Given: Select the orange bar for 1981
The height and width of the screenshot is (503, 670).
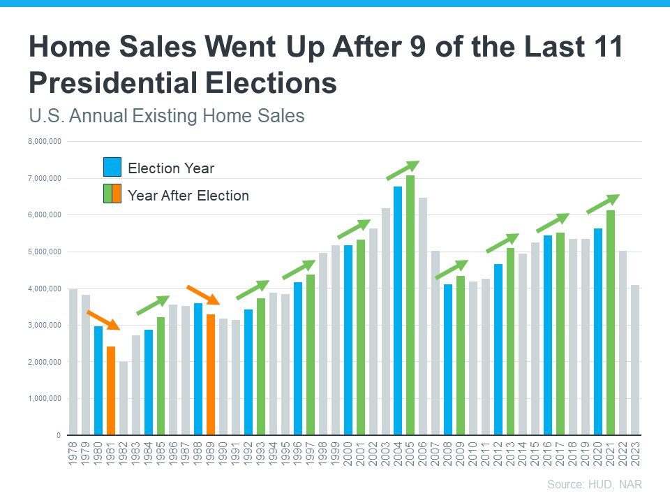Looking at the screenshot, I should (x=111, y=391).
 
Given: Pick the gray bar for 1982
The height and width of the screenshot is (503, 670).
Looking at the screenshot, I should (x=124, y=398).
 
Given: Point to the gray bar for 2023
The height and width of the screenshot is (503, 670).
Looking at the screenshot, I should (x=635, y=360).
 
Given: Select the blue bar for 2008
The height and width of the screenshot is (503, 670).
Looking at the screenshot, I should (x=448, y=360).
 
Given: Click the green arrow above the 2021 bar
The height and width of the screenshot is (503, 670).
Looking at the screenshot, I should (x=603, y=204).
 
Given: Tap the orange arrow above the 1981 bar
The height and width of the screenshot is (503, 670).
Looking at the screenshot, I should (x=103, y=320).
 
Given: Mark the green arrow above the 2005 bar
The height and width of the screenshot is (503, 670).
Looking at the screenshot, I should (x=403, y=170).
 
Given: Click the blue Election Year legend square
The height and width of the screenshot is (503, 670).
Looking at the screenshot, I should (x=112, y=168).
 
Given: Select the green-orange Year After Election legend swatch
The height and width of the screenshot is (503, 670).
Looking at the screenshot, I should (x=112, y=194).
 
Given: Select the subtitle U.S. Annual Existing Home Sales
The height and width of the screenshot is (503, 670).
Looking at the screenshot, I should (x=167, y=115).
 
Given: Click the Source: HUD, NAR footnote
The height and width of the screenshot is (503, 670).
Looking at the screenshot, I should (x=594, y=484).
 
